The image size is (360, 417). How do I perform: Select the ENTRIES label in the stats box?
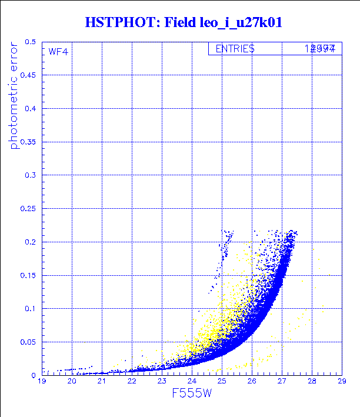coord(235,49)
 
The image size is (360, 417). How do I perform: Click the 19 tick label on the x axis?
coord(42,382)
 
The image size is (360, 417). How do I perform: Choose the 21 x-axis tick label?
coord(102,382)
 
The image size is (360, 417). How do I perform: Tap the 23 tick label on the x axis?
coord(162,382)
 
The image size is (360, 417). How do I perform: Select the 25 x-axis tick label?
coord(222,382)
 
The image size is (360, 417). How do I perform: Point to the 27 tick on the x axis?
coord(282,382)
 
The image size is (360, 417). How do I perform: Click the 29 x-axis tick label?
coord(341,382)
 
